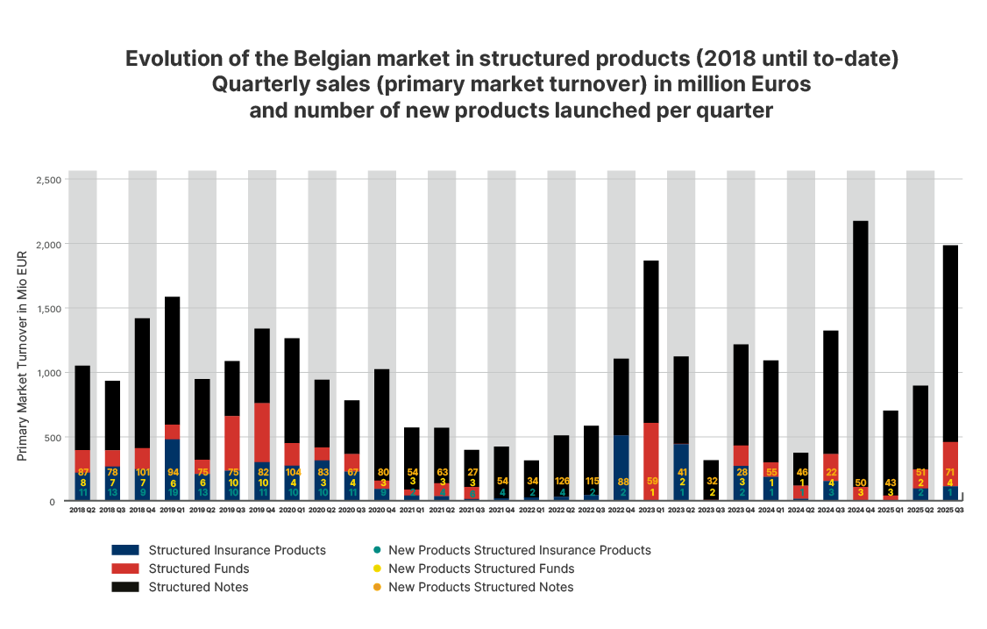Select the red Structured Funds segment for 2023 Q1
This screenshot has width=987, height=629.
[x=651, y=456]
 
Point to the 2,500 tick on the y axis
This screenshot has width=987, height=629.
[x=48, y=180]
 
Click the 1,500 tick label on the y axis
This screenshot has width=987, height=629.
[x=48, y=309]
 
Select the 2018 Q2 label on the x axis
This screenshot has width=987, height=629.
[x=82, y=510]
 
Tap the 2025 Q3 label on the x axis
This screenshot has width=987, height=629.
[x=951, y=510]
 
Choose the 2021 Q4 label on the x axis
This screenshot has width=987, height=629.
[x=501, y=510]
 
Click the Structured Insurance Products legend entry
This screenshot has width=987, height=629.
[x=237, y=550]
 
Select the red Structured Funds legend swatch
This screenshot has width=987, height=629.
[x=124, y=568]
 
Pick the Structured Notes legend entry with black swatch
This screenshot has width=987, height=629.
[x=198, y=587]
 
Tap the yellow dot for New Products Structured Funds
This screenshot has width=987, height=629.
[x=376, y=568]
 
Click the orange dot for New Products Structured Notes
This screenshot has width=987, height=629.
[x=376, y=587]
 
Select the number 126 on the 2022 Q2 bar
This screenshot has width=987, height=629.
[x=561, y=481]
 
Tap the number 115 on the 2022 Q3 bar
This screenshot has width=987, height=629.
[x=592, y=481]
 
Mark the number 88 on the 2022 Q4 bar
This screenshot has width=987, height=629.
[x=621, y=481]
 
